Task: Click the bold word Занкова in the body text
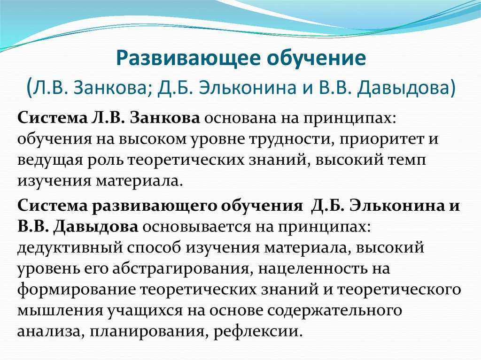pos(165,118)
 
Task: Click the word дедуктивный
pos(70,248)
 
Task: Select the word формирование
pos(76,290)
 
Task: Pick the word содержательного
pos(334,311)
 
